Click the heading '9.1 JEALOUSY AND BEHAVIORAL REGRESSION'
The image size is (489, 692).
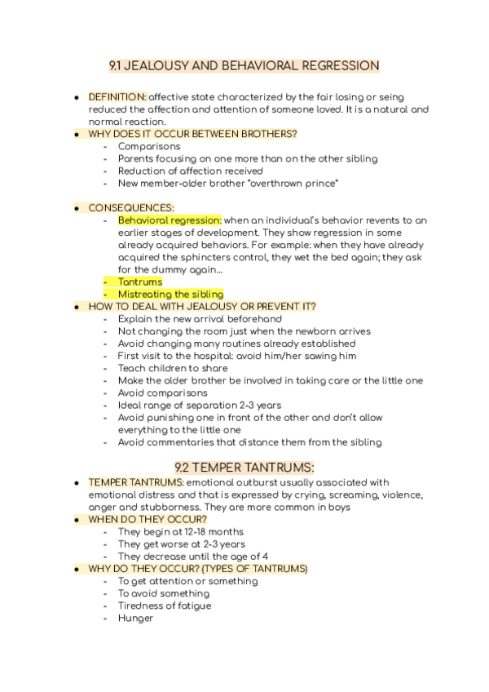(x=244, y=66)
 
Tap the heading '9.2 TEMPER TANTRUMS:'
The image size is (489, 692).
(x=244, y=467)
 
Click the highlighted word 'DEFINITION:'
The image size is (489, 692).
(x=117, y=97)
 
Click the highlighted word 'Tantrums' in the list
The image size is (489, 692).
(x=139, y=282)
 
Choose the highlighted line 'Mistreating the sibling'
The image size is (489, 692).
(x=170, y=294)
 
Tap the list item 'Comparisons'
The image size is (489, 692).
(x=149, y=147)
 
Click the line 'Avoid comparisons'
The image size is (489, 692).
(x=162, y=393)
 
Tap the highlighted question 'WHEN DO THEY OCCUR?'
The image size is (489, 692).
(x=148, y=519)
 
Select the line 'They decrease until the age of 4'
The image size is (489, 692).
(x=193, y=557)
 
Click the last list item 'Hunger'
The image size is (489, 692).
(x=135, y=618)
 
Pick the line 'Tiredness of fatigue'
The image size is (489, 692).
(x=165, y=605)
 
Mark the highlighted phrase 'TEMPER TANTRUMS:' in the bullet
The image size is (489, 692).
(x=135, y=482)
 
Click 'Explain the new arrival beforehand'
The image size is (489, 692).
(x=200, y=319)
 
